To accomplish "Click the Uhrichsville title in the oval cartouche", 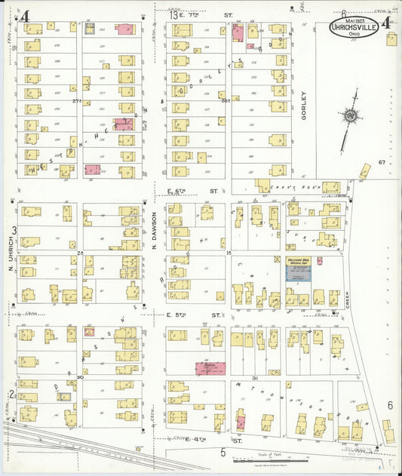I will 355,29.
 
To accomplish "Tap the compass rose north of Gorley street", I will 350,117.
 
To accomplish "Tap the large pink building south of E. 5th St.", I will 210,367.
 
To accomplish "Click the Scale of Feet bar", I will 281,459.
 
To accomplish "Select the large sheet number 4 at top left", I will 25,16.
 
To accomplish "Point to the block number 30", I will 79,377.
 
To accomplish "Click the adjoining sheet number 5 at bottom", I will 222,452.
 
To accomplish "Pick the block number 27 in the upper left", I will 76,100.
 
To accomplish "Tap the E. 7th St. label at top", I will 202,14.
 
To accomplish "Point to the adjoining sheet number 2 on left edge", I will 12,393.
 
